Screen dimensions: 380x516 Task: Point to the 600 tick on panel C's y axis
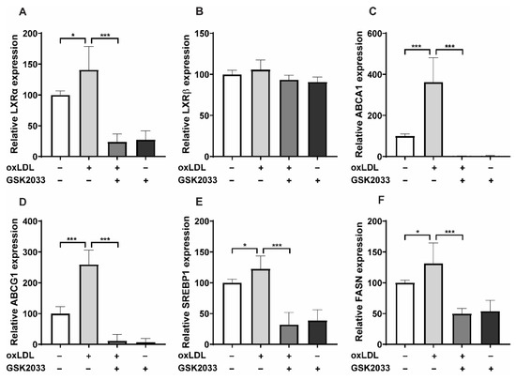click(387, 35)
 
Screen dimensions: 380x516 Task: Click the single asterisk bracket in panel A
click(74, 38)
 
